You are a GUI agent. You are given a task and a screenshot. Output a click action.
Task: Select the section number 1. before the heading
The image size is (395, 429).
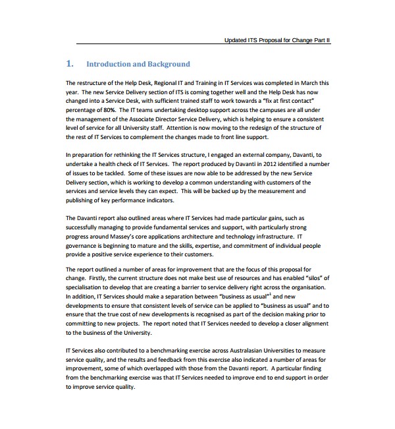70,64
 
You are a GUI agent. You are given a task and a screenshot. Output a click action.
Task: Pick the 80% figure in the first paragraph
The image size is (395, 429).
107,110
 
